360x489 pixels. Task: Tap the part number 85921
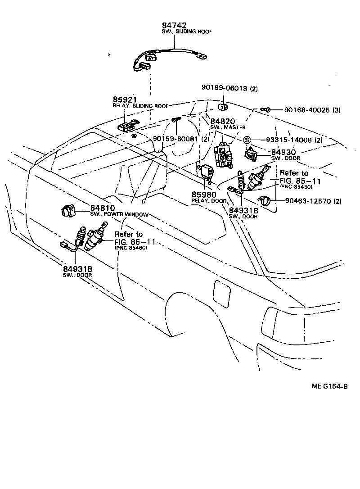coord(124,100)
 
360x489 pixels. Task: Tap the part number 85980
coord(204,195)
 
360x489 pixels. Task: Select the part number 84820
coord(223,121)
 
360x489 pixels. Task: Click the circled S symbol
coord(247,140)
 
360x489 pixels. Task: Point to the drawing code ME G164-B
coord(329,386)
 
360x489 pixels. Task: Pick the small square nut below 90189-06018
coord(222,106)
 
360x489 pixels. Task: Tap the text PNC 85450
coord(296,186)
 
